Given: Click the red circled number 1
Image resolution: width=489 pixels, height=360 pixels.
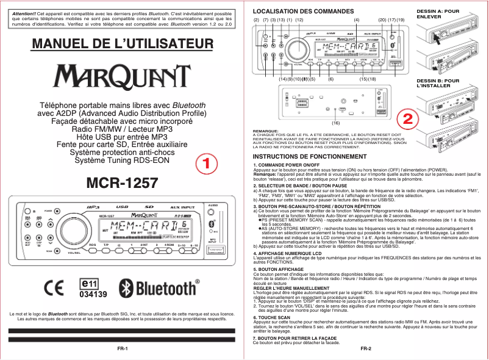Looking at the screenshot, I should click(207, 164).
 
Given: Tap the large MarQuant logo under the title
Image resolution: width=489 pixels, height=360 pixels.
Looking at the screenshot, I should click(123, 76).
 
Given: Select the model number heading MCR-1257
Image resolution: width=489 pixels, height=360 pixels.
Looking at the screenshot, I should click(123, 183).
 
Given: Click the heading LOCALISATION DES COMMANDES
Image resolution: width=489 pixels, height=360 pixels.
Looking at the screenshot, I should click(294, 12).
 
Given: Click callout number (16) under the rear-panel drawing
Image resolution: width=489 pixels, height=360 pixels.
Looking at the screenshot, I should click(335, 123).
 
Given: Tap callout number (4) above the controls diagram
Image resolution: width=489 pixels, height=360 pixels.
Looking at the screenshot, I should click(356, 20).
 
